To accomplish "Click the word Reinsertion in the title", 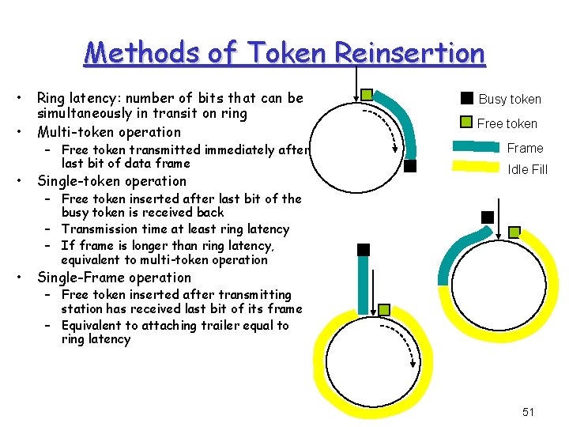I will [x=409, y=53].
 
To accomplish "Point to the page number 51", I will [x=529, y=412].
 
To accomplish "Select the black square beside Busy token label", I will [x=467, y=98].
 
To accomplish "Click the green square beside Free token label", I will [x=467, y=123].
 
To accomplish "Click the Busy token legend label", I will [x=510, y=99].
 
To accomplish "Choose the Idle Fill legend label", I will [x=527, y=169].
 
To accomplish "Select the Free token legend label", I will [x=507, y=123].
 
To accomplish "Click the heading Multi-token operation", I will [x=109, y=132].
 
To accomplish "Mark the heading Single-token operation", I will [x=112, y=181].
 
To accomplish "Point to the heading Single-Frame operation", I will [x=115, y=278].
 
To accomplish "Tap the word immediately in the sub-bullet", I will [x=241, y=149].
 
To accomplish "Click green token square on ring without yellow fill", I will [x=367, y=95].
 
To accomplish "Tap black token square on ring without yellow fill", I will [x=410, y=166].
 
